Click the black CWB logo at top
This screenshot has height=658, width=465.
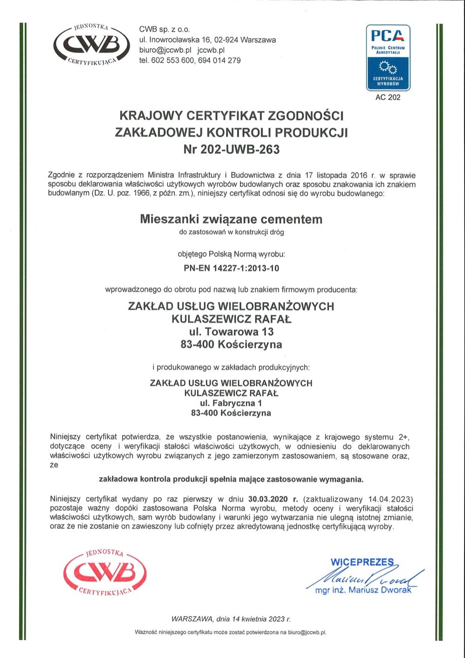[x=92, y=44]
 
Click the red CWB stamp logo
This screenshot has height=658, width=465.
[x=105, y=571]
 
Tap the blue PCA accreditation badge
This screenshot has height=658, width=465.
[x=388, y=57]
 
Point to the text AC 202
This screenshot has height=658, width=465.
[x=388, y=98]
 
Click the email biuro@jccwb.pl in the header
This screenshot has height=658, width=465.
[x=166, y=50]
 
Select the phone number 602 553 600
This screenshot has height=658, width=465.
[x=173, y=60]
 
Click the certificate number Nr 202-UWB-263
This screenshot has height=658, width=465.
[x=232, y=149]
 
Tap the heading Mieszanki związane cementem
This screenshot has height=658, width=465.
[x=231, y=219]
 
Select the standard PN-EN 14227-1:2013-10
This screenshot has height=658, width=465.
[x=232, y=269]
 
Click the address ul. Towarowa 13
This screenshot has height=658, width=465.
[x=231, y=332]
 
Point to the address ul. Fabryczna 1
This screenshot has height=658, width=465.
[x=231, y=403]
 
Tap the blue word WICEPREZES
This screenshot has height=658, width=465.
[x=362, y=562]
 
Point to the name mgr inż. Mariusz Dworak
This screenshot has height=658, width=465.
[x=363, y=590]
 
